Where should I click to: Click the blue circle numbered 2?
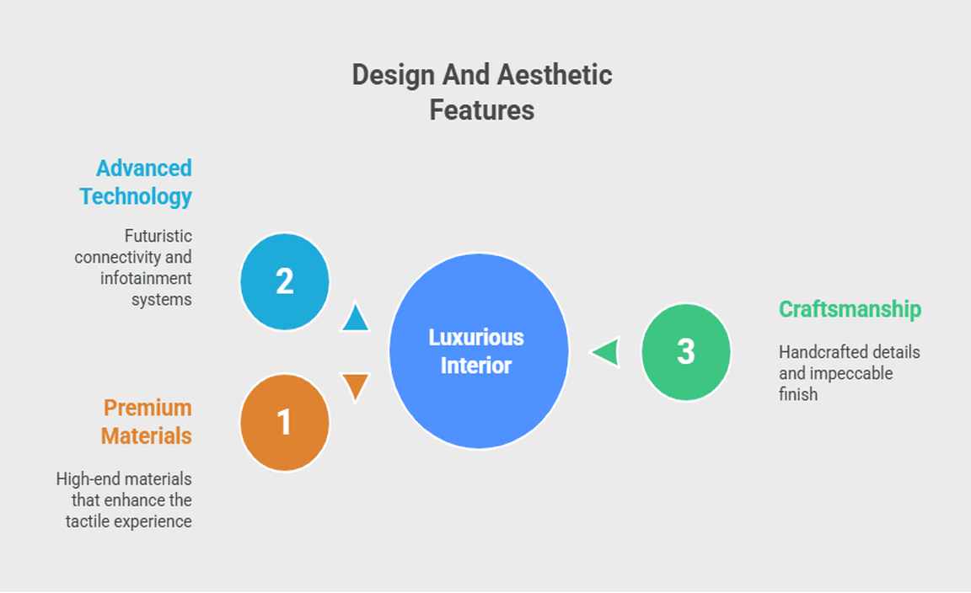[285, 281]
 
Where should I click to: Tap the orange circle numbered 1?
[285, 423]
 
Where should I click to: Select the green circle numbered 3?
[686, 351]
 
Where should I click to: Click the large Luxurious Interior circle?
[479, 351]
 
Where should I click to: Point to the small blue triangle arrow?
[356, 317]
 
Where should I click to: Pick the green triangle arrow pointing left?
[605, 352]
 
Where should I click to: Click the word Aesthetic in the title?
[555, 75]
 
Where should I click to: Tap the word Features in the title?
[482, 110]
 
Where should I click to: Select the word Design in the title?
[394, 76]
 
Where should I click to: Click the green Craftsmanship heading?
[850, 309]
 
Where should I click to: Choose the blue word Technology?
[136, 197]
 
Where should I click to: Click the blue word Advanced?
[143, 168]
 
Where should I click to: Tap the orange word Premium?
[148, 408]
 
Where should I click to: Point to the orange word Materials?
[146, 435]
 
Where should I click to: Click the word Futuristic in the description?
[158, 236]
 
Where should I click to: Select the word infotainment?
[146, 278]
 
